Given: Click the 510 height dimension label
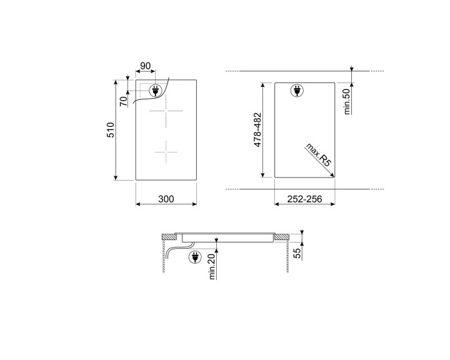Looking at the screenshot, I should point(109,130).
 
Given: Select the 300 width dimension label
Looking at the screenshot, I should point(166,199).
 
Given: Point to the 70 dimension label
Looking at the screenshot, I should point(124,99).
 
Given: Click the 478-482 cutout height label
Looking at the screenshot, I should point(257,131).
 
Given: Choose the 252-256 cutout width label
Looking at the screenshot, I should point(304,199).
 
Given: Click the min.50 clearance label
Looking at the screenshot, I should point(347,101).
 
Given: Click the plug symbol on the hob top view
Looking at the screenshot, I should point(154,91).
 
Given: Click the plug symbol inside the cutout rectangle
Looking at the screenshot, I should point(296,91).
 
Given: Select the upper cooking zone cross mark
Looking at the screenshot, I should point(166,112).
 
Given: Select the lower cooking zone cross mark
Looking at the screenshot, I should point(166,151).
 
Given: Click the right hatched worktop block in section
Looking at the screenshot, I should point(282,237).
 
